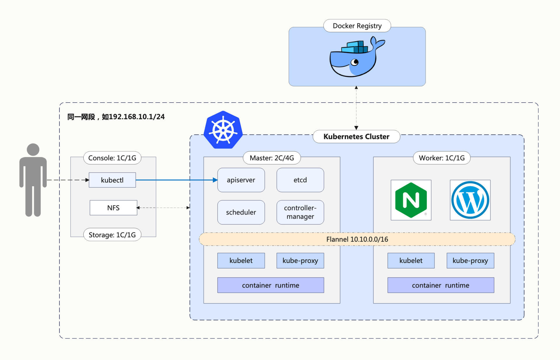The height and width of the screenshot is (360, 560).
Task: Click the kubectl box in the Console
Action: [112, 180]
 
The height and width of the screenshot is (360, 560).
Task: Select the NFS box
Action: [113, 208]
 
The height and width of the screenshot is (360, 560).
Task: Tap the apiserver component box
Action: [241, 180]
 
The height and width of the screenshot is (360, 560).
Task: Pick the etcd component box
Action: [300, 180]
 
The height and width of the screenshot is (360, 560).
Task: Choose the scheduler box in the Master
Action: [241, 212]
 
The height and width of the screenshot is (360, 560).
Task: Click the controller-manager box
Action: [300, 212]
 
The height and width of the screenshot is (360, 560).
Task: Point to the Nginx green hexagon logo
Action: [411, 200]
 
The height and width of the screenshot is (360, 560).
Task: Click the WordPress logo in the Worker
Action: [470, 200]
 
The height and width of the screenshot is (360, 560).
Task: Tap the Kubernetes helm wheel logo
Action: [223, 130]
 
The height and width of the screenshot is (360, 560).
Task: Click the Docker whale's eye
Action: [355, 62]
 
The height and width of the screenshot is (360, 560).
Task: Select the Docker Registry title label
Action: [357, 26]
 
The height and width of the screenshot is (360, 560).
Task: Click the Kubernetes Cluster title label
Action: [356, 136]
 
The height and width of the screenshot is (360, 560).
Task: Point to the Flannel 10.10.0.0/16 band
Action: [357, 239]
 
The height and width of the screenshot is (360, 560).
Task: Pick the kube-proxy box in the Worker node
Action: [470, 261]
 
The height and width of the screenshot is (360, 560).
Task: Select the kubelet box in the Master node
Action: [241, 261]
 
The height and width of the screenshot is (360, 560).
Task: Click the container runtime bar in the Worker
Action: [440, 285]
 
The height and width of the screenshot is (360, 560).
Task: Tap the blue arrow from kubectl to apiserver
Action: [175, 180]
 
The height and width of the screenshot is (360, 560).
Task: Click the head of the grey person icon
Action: [33, 150]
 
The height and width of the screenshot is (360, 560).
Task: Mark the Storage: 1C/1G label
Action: [112, 235]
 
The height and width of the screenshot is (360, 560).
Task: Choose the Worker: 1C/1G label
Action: [442, 158]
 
